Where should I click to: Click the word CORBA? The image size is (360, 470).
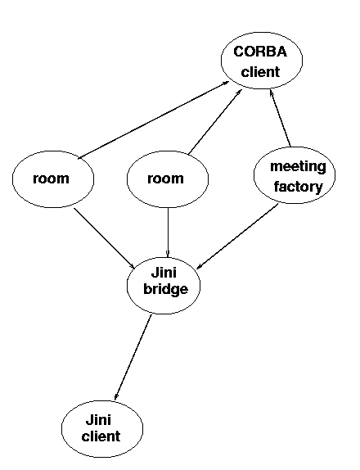tap(260, 52)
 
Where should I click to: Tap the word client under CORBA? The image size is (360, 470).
tap(260, 71)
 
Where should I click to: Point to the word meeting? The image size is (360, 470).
tap(298, 166)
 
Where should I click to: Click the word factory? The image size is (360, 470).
tap(298, 187)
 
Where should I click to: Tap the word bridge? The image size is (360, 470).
tap(165, 289)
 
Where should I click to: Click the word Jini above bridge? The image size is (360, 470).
tap(164, 273)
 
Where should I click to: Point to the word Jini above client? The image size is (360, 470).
tap(98, 419)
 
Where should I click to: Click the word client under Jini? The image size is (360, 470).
tap(101, 436)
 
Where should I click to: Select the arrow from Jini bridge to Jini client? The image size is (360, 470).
tap(133, 357)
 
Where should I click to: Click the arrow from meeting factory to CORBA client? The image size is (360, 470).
tap(280, 118)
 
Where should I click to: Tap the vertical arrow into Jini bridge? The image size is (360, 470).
tap(168, 233)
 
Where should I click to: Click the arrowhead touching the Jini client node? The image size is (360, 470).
tap(116, 396)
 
